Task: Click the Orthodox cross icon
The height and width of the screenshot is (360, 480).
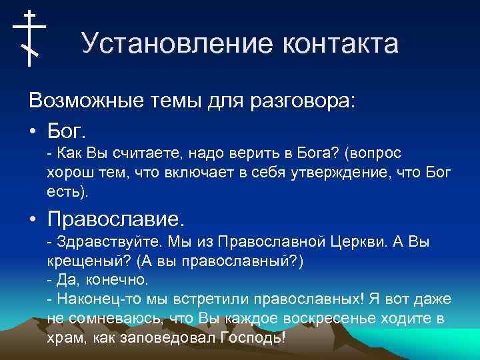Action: point(29,38)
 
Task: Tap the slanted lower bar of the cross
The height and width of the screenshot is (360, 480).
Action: point(29,49)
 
